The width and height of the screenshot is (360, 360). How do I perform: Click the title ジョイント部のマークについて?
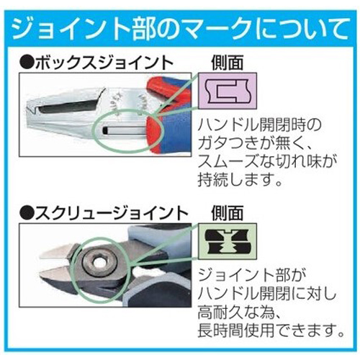(181, 29)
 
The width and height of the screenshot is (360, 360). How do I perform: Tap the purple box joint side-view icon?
(228, 91)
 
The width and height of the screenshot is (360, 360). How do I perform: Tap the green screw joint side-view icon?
(228, 241)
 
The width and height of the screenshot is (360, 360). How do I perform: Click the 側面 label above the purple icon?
(228, 63)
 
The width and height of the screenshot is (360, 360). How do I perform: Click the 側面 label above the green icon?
(228, 213)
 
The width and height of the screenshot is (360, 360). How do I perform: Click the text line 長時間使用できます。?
(271, 330)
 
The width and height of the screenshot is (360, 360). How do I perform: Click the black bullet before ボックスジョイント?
(27, 63)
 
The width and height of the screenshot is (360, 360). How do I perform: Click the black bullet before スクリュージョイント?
(27, 214)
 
